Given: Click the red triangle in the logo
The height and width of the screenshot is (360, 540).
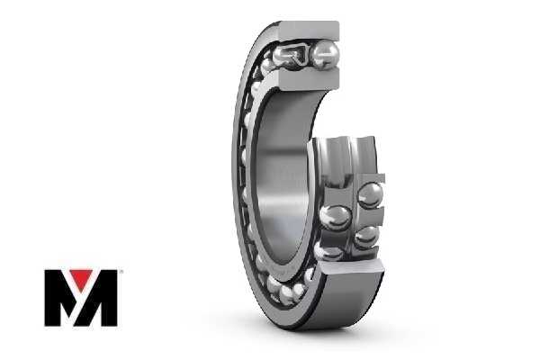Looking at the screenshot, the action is (x=81, y=278).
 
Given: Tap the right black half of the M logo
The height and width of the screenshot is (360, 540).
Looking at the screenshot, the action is (x=102, y=298).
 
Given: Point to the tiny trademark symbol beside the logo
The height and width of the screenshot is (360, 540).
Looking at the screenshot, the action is (x=120, y=272).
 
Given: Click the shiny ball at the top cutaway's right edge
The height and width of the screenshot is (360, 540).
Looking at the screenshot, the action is (x=326, y=54).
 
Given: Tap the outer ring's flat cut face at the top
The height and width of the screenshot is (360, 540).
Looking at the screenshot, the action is (x=309, y=31).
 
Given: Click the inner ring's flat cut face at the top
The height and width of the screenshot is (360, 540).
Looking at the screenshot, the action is (x=309, y=78).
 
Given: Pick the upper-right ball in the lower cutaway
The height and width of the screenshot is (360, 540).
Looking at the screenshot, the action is (x=371, y=195).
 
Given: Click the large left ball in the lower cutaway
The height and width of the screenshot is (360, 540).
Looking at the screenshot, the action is (x=335, y=218).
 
